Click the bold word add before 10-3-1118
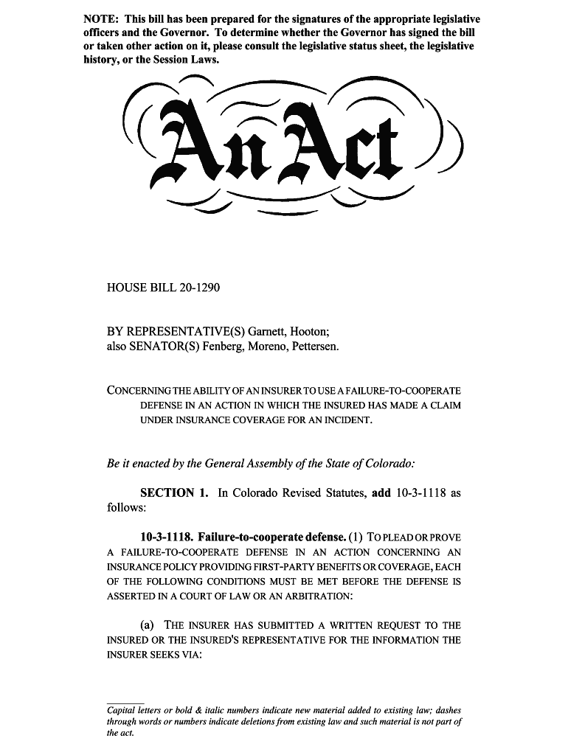tap(381, 493)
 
